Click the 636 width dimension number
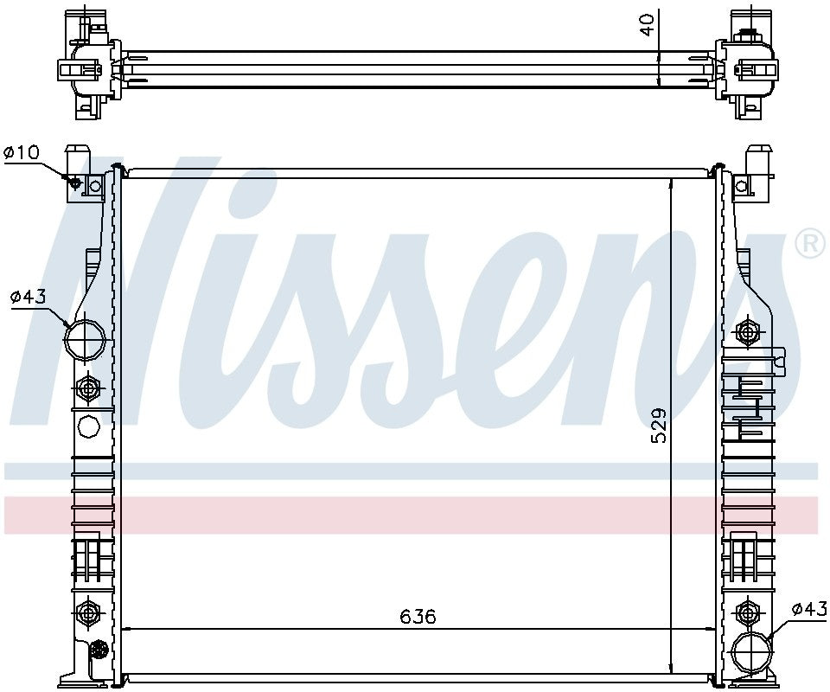coord(418,617)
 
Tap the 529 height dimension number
coord(659,426)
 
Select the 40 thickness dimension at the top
coord(646,25)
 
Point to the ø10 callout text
coord(22,153)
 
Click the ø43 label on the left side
coord(28,297)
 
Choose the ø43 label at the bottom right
coord(809,608)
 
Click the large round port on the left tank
coord(84,339)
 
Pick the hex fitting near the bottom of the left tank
coord(86,612)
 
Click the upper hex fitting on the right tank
coord(748,330)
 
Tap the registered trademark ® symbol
coord(809,244)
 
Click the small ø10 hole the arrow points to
coord(75,183)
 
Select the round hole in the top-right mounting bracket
coord(740,183)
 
